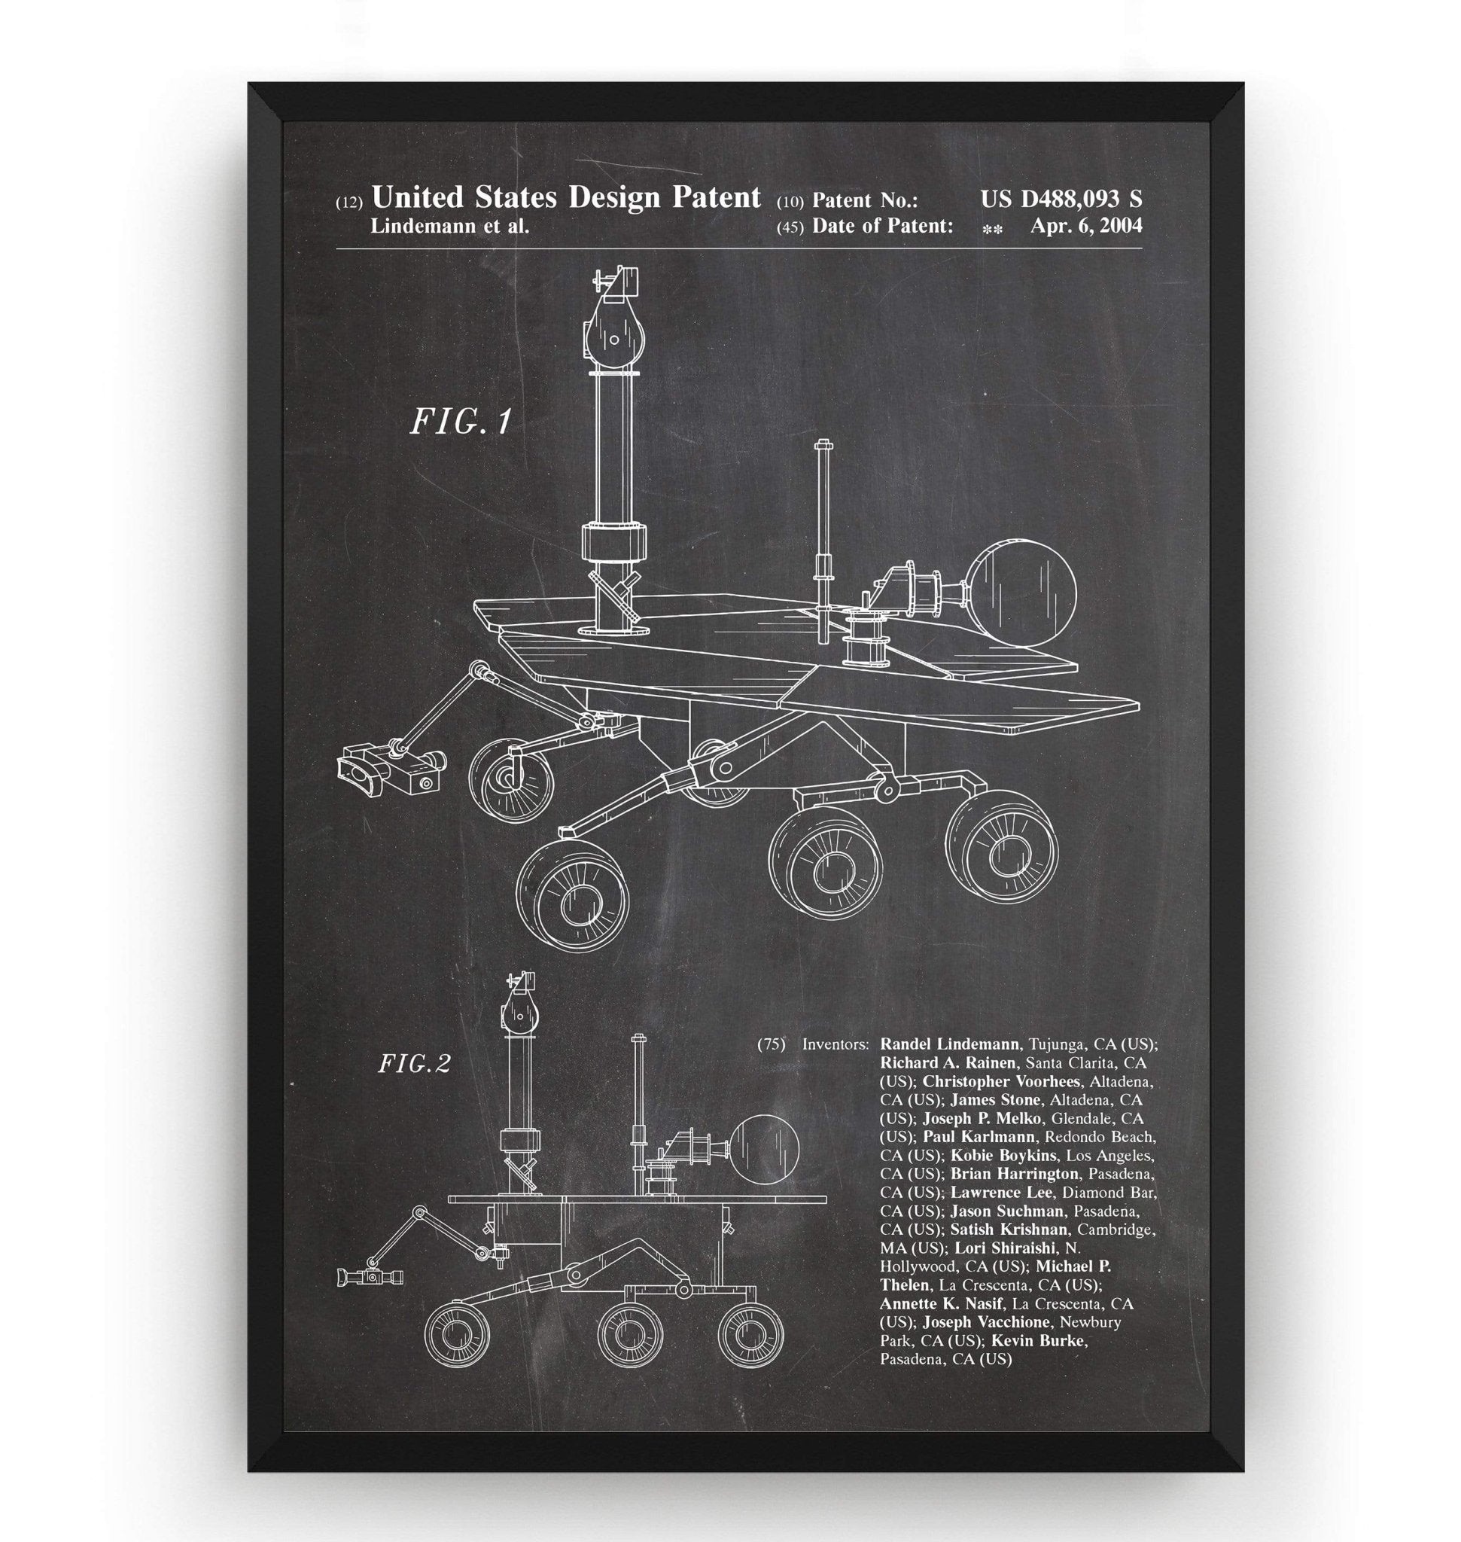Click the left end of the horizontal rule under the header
(337, 248)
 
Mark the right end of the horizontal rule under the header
(1143, 248)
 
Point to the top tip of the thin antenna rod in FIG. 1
(823, 441)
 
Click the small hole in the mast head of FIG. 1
(614, 340)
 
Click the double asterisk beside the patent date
(992, 229)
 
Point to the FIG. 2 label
(414, 1064)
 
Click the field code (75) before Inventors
(771, 1044)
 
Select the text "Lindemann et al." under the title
(450, 226)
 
